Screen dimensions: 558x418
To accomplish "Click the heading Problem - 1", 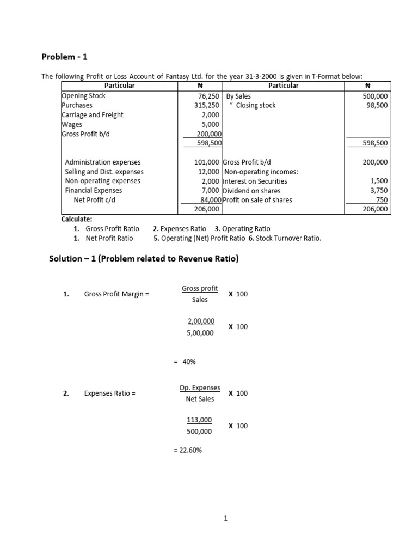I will (63, 57).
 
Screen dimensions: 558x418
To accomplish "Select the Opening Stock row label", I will (84, 96).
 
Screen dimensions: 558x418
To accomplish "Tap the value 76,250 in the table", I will (207, 96).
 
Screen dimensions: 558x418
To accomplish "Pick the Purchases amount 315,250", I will (207, 105).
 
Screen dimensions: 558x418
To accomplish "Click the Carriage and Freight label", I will (93, 115).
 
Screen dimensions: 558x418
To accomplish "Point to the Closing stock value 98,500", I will (377, 105).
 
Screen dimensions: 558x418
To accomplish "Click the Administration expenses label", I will (102, 162).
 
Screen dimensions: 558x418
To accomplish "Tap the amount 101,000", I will (207, 162).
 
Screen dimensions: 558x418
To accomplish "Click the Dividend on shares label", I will (252, 191).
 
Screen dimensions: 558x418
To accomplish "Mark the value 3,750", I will (379, 191).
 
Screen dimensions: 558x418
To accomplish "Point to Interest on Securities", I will (255, 181).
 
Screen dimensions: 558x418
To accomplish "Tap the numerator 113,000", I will (199, 420).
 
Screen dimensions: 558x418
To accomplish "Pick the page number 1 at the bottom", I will (225, 519).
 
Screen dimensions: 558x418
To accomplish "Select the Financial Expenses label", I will (93, 191).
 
